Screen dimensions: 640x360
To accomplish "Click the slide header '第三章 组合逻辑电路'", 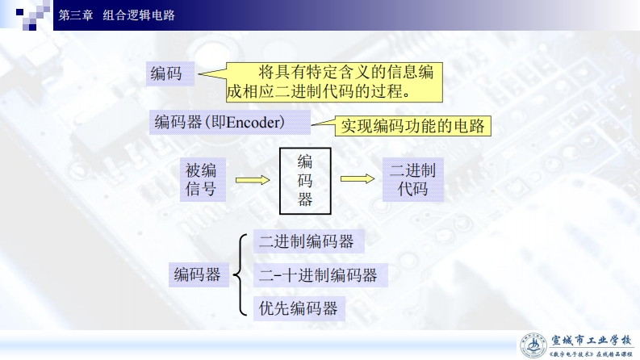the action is pyautogui.click(x=118, y=15).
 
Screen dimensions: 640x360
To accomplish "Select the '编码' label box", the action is pyautogui.click(x=166, y=75).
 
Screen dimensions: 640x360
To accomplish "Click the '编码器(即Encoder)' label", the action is pyautogui.click(x=220, y=123).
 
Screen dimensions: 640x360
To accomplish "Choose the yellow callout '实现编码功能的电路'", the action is pyautogui.click(x=412, y=127).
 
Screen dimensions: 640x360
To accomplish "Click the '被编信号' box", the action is pyautogui.click(x=201, y=180).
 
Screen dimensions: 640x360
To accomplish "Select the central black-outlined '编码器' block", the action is pyautogui.click(x=305, y=180).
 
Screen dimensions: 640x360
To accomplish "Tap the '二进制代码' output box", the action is pyautogui.click(x=412, y=180).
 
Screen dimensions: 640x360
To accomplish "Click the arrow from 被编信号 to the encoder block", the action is pyautogui.click(x=252, y=181).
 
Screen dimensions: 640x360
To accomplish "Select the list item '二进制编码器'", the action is pyautogui.click(x=306, y=241).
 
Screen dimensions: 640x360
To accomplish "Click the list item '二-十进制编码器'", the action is pyautogui.click(x=318, y=275).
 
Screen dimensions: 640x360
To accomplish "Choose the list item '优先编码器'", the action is pyautogui.click(x=297, y=308).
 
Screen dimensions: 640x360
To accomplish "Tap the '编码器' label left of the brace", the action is pyautogui.click(x=197, y=275).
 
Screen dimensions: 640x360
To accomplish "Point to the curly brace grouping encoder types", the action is pyautogui.click(x=240, y=274).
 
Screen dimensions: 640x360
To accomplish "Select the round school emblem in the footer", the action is pyautogui.click(x=533, y=345).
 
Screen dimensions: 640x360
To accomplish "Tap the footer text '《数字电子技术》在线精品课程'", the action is pyautogui.click(x=590, y=354).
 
